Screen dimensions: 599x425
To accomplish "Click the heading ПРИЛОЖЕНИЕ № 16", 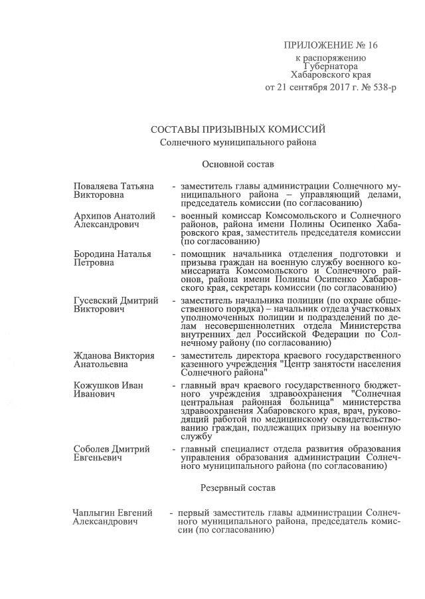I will pyautogui.click(x=330, y=45).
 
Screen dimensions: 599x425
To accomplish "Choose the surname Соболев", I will pyautogui.click(x=93, y=450).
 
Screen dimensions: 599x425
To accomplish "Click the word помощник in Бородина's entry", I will pyautogui.click(x=201, y=254).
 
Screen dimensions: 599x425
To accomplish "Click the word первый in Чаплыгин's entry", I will pyautogui.click(x=194, y=513).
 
